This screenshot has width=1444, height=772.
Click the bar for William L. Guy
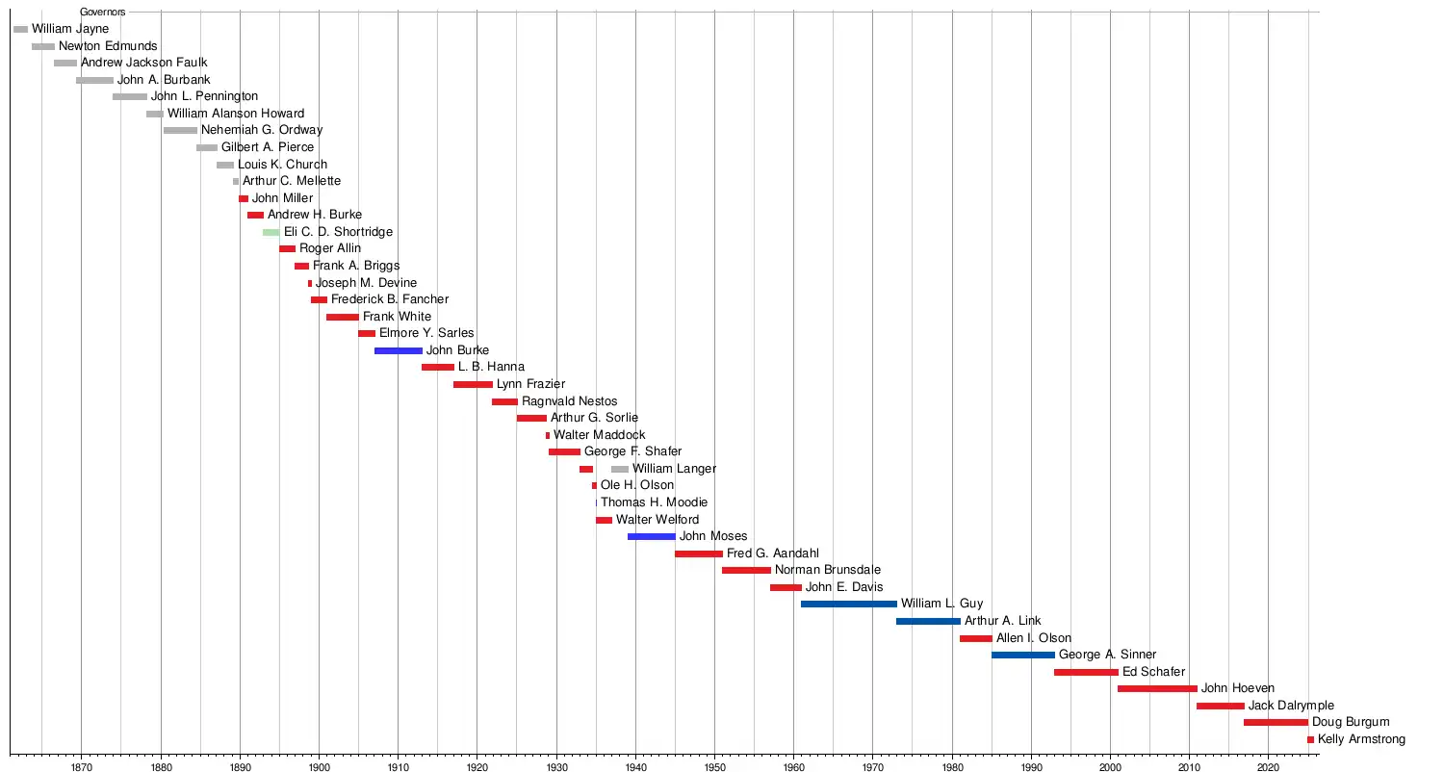(x=848, y=605)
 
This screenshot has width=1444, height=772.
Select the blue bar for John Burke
(x=398, y=350)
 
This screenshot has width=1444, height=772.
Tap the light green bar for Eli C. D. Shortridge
(x=271, y=232)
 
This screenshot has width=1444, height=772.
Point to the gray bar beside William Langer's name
(x=620, y=469)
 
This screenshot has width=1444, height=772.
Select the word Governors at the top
(x=102, y=13)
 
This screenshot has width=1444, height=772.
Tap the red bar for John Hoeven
(x=1157, y=688)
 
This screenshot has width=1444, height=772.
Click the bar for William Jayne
(x=21, y=30)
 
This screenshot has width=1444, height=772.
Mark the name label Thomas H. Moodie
(x=654, y=502)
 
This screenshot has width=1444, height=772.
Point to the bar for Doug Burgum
(x=1276, y=722)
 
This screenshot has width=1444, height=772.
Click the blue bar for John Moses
(x=651, y=536)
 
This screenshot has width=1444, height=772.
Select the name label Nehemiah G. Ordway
(x=262, y=130)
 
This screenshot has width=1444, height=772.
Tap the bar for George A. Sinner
(x=1022, y=655)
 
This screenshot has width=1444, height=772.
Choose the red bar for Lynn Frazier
(x=473, y=384)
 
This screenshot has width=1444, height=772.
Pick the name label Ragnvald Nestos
(x=570, y=401)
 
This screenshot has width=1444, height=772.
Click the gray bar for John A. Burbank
(x=94, y=80)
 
